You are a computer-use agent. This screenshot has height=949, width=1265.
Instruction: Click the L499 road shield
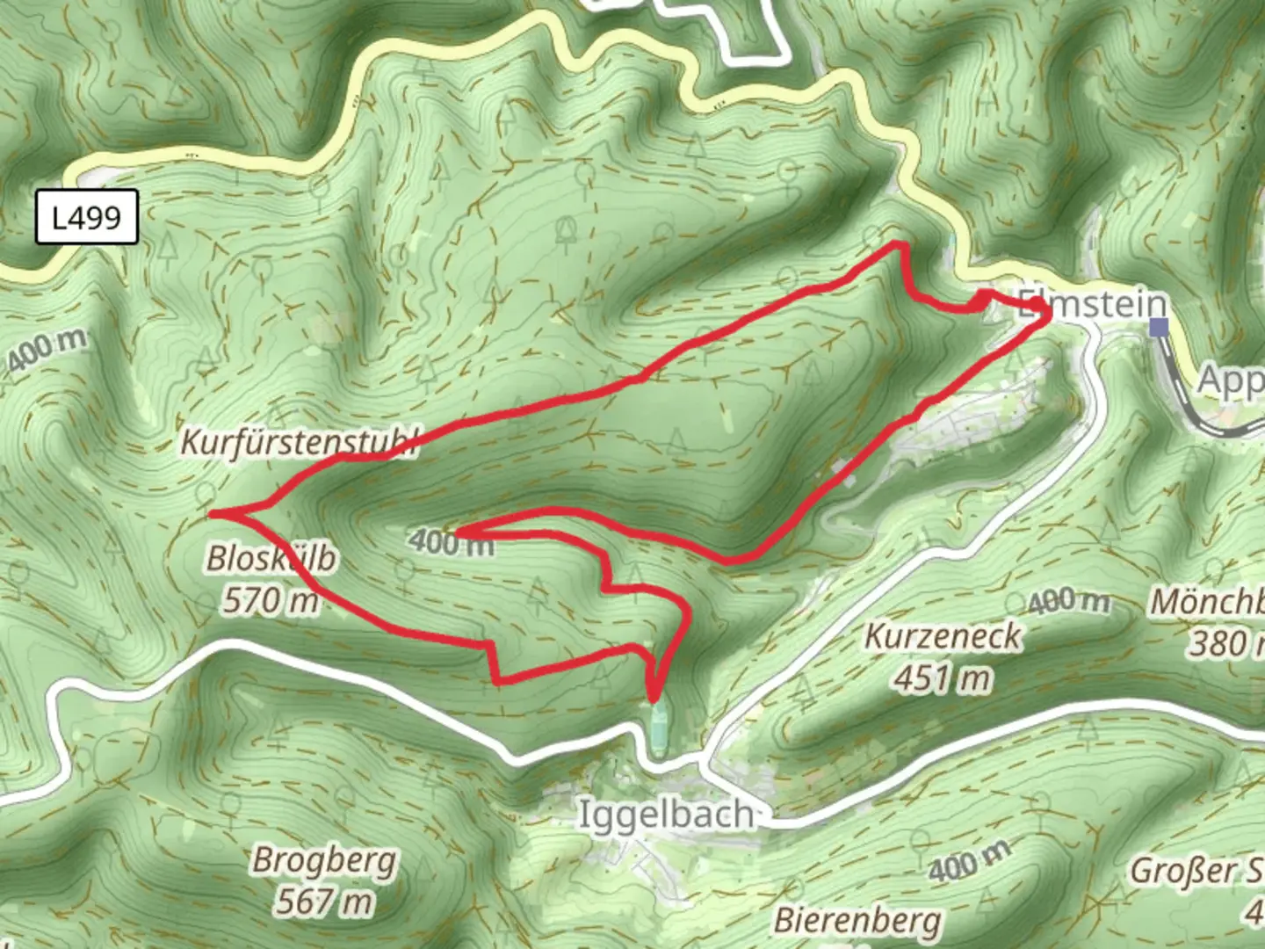(x=86, y=216)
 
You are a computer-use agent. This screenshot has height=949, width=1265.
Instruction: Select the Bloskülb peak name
(x=271, y=558)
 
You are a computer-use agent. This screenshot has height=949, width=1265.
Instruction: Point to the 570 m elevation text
(x=271, y=602)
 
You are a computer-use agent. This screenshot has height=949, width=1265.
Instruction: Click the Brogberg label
(x=324, y=860)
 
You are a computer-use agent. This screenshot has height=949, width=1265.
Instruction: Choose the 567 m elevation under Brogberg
(x=324, y=902)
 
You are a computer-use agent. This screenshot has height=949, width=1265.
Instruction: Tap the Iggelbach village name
(x=666, y=815)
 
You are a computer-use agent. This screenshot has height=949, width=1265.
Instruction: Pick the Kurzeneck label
(x=943, y=636)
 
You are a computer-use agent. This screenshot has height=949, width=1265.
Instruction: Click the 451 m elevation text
(x=943, y=678)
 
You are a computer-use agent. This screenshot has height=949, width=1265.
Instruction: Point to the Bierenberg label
(x=857, y=921)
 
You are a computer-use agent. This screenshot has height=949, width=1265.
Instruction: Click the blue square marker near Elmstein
(x=1160, y=328)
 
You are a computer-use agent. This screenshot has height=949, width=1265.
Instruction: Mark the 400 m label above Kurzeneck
(x=1069, y=603)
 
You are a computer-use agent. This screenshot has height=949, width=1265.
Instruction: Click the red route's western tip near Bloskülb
(x=213, y=512)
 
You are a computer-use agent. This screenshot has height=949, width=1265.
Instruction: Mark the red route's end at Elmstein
(x=1039, y=307)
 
